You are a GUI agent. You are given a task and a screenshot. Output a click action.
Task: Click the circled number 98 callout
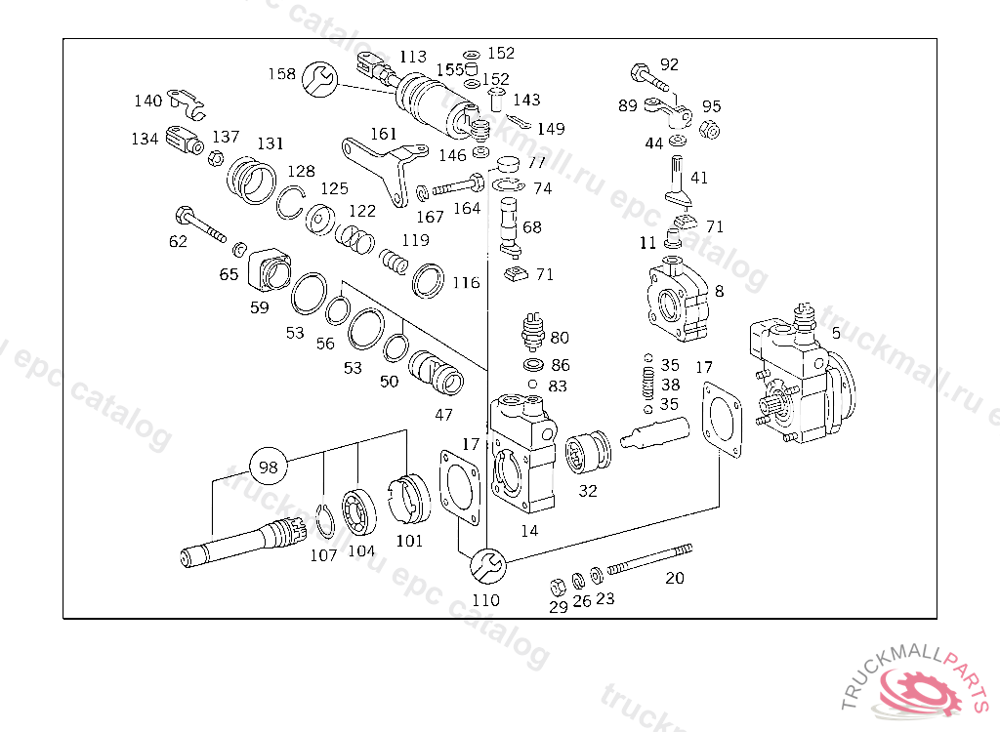point(269,467)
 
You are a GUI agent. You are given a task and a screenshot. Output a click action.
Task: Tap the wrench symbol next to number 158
point(319,80)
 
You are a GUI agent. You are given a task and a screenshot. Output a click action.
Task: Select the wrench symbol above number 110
point(488,565)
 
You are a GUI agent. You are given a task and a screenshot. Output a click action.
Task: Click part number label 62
point(178,241)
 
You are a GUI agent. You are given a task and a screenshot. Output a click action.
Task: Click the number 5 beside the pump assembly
point(836,333)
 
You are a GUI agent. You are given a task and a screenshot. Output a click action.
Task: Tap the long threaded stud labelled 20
point(649,559)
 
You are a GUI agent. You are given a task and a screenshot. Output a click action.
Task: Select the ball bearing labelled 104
point(358,510)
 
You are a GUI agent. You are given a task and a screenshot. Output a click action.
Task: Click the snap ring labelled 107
point(325,521)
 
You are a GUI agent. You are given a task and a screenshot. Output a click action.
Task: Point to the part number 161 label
point(383,134)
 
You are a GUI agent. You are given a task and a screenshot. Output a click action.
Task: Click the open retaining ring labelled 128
point(290,202)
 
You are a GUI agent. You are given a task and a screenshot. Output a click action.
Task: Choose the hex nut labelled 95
point(709,130)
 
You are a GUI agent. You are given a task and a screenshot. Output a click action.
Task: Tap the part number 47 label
point(444,415)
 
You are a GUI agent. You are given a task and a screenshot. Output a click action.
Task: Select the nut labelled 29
point(558,586)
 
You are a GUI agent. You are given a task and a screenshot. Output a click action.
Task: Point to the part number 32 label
point(588,491)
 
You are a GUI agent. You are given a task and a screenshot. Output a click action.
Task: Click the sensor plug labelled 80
point(532,331)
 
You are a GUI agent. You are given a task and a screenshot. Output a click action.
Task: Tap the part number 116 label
point(466,282)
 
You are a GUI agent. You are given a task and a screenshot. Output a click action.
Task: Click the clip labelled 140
point(186,103)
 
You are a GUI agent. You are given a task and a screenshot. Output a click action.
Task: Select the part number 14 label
point(529,531)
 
